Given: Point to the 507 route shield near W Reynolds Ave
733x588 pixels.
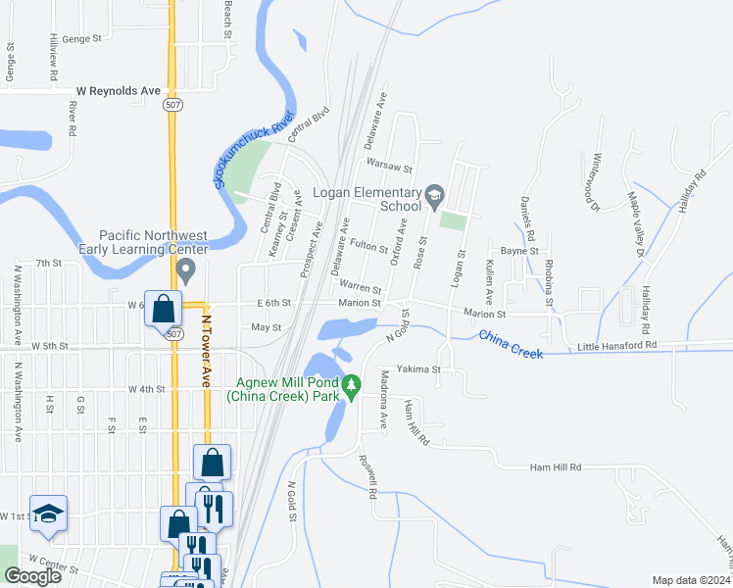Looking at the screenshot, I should point(173,105).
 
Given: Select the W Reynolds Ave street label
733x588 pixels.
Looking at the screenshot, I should point(119,91).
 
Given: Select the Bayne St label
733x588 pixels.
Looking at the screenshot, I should point(519,252).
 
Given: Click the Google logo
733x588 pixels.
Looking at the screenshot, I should point(32,576).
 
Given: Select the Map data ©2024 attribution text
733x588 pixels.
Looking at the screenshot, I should point(692,580).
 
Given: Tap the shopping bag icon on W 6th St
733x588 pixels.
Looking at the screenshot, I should point(163,310).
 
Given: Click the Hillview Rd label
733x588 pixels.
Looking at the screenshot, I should point(54,61).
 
